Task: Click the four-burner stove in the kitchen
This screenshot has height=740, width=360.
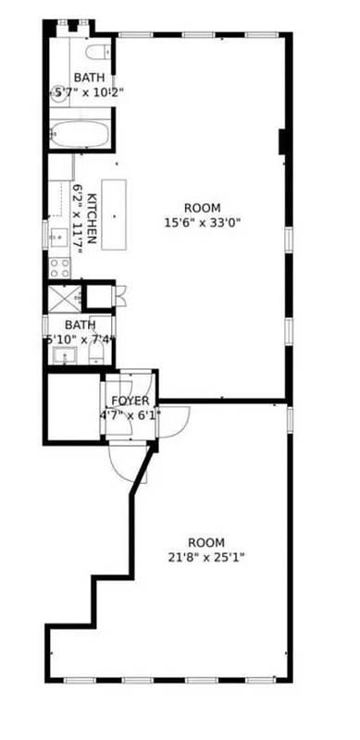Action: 60,268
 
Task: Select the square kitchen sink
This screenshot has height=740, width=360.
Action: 56,234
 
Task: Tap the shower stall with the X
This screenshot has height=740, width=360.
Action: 64,297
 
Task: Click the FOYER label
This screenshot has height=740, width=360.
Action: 129,401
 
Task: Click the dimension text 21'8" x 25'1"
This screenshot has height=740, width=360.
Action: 205,557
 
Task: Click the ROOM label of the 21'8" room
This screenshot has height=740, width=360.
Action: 205,542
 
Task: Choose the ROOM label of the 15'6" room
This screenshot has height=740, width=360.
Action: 202,208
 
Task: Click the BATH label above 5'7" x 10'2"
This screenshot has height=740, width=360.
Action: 89,77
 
